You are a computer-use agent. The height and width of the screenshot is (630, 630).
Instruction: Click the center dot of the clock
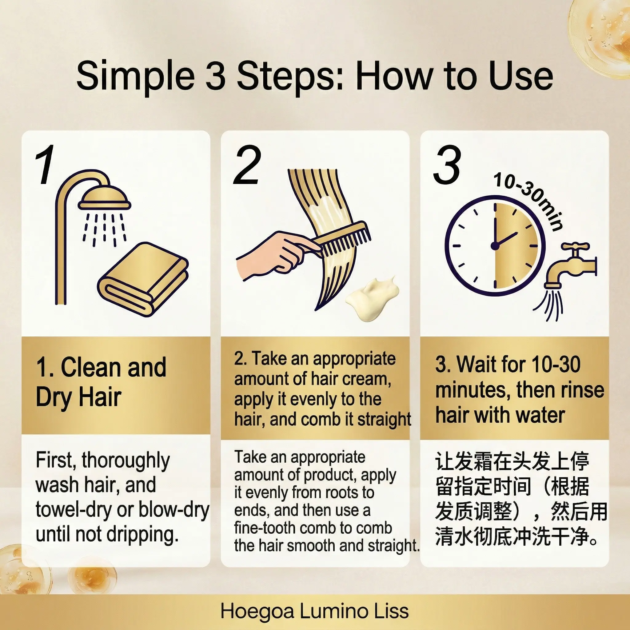[495, 246]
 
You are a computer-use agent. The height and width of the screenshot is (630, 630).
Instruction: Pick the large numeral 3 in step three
[447, 165]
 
